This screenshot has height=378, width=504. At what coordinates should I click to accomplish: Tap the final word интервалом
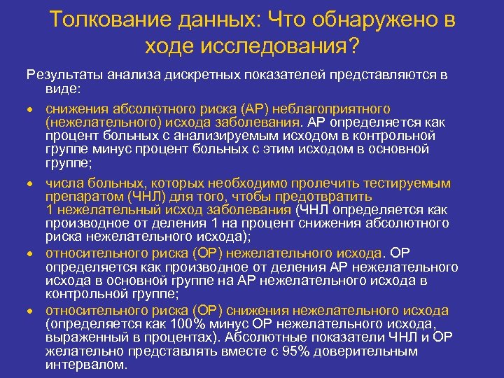point(87,365)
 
